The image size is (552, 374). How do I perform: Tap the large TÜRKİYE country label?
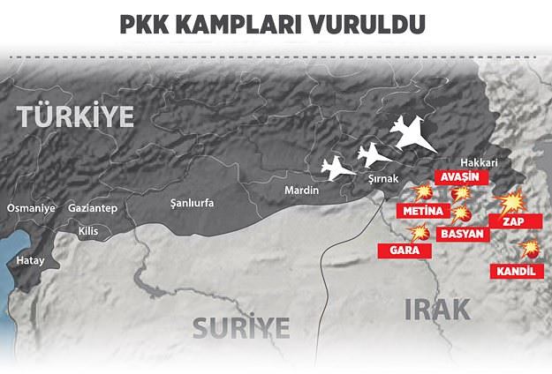coord(74,115)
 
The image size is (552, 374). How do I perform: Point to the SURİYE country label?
coord(241,328)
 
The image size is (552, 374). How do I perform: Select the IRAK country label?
coord(437,308)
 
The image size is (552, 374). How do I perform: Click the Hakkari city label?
coord(480,163)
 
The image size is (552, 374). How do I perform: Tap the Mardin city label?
coord(301,190)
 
